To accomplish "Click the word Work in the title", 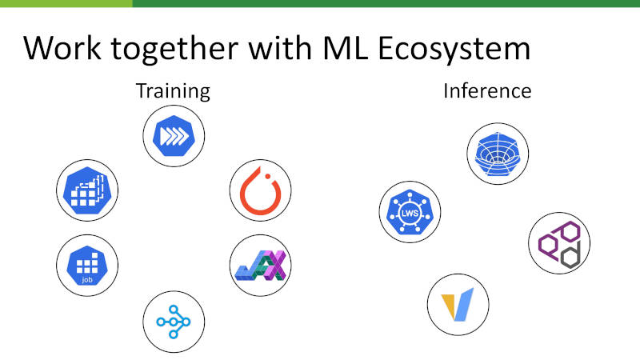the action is point(62,48).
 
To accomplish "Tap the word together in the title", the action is point(174,50).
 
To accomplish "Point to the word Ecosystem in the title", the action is point(454,50).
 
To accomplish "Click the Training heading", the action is point(173,91).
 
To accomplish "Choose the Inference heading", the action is point(487,90).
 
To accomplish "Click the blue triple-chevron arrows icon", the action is point(174,136).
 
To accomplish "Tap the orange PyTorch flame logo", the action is point(261,190).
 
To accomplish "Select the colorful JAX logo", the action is point(261,266).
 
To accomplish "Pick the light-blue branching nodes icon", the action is point(174,322).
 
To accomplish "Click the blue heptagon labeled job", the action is point(87,266).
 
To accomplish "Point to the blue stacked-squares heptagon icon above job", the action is point(87,190).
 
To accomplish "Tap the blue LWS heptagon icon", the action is point(410,212).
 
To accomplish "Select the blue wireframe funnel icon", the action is point(498,154).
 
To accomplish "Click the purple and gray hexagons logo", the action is point(559,244).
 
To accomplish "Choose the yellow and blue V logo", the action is point(458,305).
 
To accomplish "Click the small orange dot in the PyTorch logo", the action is point(268,176).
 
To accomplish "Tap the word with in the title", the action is point(281,48).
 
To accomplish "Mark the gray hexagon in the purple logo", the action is point(570,256).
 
